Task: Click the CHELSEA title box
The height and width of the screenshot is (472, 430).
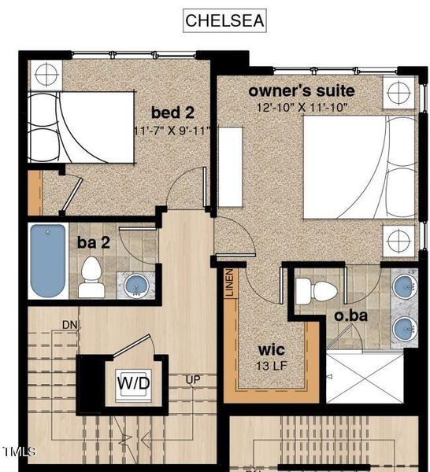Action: pyautogui.click(x=224, y=20)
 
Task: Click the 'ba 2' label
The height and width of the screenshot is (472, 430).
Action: pyautogui.click(x=93, y=242)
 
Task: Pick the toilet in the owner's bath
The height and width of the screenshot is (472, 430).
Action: pyautogui.click(x=316, y=290)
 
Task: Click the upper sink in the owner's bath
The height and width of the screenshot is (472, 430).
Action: pyautogui.click(x=404, y=286)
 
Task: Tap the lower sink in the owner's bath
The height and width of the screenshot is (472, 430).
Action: pyautogui.click(x=404, y=327)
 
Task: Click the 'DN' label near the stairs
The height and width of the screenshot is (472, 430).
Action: pyautogui.click(x=69, y=325)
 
